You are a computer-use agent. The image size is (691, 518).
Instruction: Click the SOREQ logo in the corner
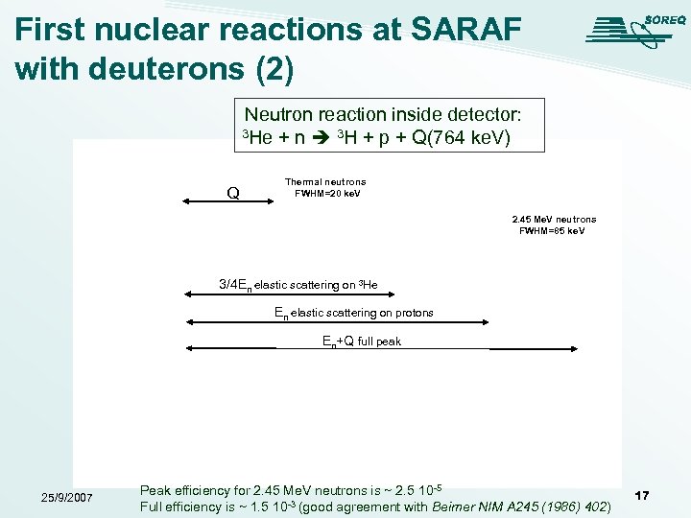click(x=630, y=28)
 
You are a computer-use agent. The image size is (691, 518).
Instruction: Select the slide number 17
click(x=642, y=495)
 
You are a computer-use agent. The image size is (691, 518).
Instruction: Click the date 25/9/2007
click(x=66, y=497)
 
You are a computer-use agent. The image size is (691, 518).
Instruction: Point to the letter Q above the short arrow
click(x=233, y=193)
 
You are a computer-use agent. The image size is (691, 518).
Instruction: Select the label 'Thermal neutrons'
click(x=325, y=181)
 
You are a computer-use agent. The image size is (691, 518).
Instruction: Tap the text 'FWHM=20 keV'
click(x=327, y=193)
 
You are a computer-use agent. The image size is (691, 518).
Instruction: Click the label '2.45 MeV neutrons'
click(x=554, y=220)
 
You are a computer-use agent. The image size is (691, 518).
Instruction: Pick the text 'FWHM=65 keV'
click(x=552, y=231)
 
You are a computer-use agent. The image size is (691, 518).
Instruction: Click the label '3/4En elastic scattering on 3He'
click(x=298, y=285)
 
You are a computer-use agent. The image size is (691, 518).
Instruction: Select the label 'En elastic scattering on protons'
click(x=353, y=313)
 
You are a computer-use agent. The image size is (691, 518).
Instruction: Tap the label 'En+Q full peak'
click(x=362, y=341)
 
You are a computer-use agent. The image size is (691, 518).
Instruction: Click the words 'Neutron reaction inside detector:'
click(x=383, y=114)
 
